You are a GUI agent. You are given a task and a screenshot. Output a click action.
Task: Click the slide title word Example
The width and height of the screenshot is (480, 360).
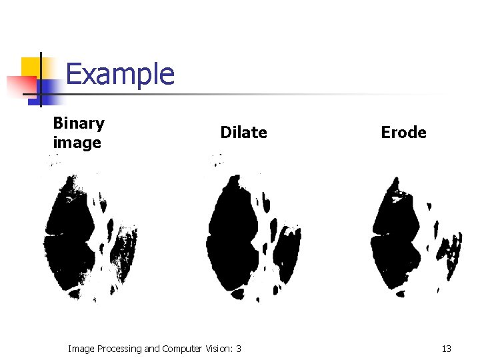[120, 74]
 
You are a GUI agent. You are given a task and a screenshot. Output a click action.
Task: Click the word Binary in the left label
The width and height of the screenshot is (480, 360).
[79, 123]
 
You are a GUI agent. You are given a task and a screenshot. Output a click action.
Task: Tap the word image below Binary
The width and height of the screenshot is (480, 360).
[77, 143]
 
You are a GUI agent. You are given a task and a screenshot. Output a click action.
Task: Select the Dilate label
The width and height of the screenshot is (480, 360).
[243, 133]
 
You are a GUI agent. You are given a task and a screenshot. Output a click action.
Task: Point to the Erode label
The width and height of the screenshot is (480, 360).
[403, 133]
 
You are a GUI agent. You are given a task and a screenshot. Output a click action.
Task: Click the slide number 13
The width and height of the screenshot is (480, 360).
[446, 349]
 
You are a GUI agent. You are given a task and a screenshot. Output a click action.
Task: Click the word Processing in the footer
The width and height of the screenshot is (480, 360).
[119, 349]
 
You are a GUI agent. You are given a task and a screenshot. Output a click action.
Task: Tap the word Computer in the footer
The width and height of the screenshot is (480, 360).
[181, 349]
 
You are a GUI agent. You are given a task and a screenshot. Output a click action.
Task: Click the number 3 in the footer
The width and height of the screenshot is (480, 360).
[239, 349]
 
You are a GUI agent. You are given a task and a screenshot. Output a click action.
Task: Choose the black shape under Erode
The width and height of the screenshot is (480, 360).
[393, 240]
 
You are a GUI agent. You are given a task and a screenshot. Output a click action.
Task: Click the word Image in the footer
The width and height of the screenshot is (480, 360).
[81, 349]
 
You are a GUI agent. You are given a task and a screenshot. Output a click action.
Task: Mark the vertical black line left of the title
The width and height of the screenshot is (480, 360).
[41, 80]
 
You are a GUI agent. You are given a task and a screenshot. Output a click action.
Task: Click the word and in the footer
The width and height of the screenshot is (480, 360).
[152, 349]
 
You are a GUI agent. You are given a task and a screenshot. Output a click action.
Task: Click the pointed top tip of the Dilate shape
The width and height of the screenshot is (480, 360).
[233, 177]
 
